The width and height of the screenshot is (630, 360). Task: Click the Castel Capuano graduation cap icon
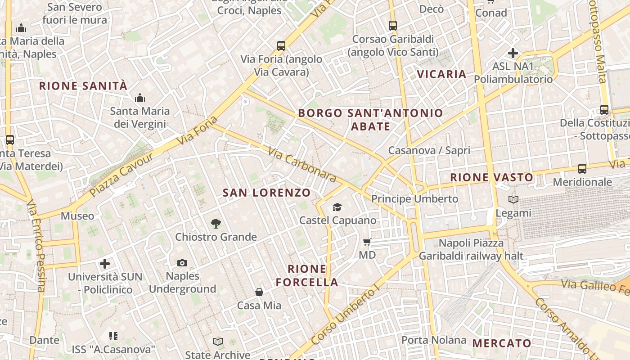click(337, 207)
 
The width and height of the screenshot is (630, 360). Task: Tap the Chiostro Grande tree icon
click(216, 224)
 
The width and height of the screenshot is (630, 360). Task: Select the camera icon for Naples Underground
click(182, 263)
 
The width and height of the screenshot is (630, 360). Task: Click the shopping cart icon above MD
click(367, 242)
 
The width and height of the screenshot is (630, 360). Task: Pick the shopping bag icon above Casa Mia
click(259, 292)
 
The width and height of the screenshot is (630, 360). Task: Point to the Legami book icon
click(513, 199)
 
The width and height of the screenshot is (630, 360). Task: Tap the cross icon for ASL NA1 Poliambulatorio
click(513, 53)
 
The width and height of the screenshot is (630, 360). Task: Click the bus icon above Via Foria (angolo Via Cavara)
click(281, 45)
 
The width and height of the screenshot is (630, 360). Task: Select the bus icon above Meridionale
click(582, 169)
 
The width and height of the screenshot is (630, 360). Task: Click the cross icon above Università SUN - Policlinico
click(105, 263)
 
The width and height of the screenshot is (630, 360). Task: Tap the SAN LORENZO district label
click(267, 193)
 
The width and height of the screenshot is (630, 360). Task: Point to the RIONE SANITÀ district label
click(83, 86)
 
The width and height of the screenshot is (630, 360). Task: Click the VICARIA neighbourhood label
click(441, 74)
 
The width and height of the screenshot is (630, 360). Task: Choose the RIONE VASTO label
click(491, 178)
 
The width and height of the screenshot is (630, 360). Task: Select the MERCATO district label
click(502, 344)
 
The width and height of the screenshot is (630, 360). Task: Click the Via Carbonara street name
click(302, 164)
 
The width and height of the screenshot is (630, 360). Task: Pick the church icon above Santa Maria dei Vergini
click(140, 98)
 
